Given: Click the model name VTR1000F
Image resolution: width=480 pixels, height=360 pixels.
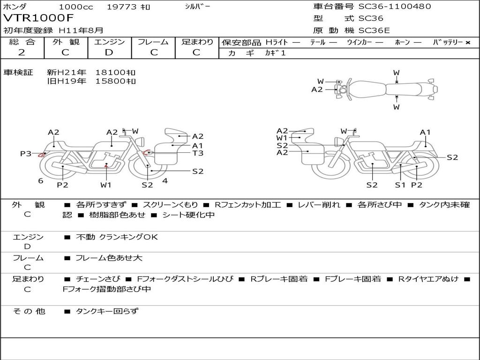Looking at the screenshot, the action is pos(38,18).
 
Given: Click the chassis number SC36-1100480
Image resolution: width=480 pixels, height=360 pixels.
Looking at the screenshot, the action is pos(395,6).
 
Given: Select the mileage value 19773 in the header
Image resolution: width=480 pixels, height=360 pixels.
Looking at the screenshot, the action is pos(121,7).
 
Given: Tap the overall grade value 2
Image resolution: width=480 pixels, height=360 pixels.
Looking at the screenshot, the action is pos(22,52).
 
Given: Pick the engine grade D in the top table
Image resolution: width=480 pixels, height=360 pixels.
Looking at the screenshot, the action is pos(109,52).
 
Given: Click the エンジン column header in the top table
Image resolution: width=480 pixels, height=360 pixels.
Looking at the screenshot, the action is pos(109,42).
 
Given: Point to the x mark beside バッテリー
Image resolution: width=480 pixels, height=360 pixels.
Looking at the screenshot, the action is pos(468,43).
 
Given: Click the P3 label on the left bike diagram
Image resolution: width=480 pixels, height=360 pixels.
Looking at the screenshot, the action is pos(26,153).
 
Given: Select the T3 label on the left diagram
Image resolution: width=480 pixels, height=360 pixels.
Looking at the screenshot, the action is pos(198,153).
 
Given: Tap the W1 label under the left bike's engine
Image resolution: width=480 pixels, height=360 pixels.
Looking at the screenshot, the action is pos(106,185).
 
